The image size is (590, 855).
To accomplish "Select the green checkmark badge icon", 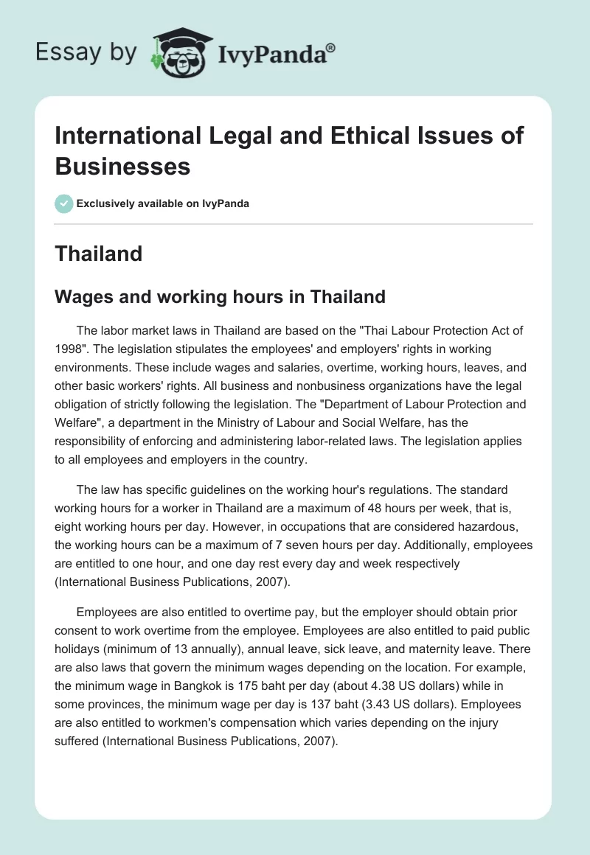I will coord(63,203).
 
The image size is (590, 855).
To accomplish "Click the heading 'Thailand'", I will coord(99,254).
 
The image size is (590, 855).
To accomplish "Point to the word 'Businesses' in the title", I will coord(122,166).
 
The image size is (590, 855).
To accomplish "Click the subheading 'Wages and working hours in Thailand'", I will coord(221,297).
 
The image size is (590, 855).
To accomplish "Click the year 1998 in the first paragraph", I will coord(68,348).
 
